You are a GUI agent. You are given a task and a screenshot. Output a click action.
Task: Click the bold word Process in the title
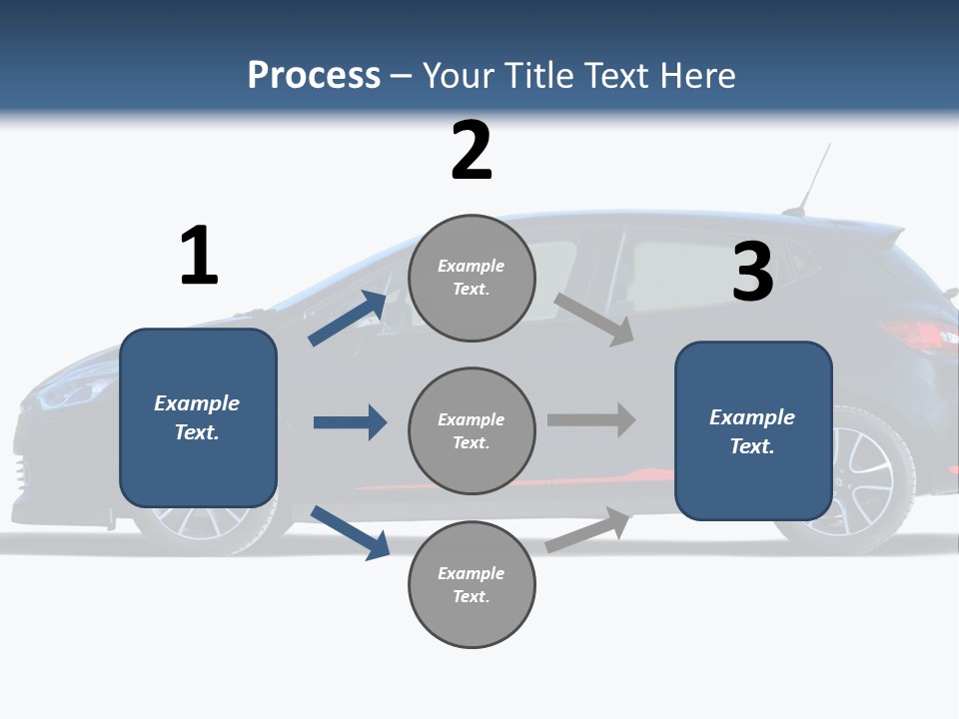[314, 75]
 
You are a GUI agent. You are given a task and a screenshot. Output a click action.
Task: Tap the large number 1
[199, 256]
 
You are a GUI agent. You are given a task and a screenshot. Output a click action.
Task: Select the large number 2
[472, 151]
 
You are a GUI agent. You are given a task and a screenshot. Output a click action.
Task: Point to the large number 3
[752, 272]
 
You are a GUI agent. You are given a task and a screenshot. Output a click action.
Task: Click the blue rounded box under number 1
[198, 417]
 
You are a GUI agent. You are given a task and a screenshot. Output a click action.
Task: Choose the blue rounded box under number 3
[753, 430]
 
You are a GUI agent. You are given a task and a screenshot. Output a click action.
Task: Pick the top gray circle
[472, 278]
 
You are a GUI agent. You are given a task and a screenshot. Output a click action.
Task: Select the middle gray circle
[472, 430]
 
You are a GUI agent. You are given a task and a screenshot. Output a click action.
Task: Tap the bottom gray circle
[472, 584]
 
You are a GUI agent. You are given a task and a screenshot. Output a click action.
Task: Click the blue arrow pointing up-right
[348, 319]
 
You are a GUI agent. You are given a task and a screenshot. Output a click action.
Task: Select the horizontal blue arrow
[350, 422]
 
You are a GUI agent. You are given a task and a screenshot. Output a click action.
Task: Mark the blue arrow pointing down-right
[350, 532]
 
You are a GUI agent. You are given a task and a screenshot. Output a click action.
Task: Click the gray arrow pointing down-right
[594, 320]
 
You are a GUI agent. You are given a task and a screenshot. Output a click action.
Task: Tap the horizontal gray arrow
[591, 419]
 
